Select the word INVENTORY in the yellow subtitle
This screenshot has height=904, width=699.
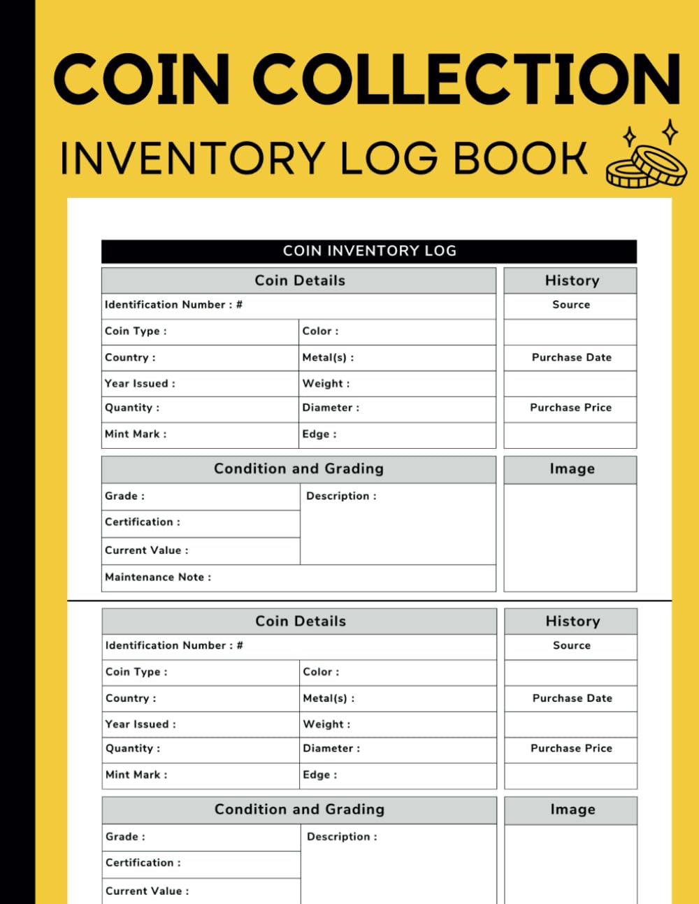(x=192, y=158)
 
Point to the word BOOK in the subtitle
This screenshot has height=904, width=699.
(x=520, y=158)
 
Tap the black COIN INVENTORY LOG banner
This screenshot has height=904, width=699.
(x=369, y=251)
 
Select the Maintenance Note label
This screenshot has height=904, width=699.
(x=157, y=577)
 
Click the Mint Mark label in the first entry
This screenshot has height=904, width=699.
(x=136, y=434)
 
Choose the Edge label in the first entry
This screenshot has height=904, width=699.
(x=319, y=434)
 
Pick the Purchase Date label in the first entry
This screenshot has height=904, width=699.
(x=571, y=357)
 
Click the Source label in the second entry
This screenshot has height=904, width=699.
(x=571, y=645)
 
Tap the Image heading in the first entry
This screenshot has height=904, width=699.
(x=572, y=469)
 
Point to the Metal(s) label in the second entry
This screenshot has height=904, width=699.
(x=328, y=698)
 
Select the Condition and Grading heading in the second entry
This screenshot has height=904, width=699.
(x=299, y=809)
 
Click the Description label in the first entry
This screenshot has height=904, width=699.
(x=341, y=496)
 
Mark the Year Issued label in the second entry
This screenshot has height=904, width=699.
(x=140, y=724)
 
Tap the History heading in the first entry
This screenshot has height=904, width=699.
(x=572, y=280)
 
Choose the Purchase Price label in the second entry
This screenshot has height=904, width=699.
(x=571, y=748)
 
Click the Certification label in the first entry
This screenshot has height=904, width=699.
(x=142, y=522)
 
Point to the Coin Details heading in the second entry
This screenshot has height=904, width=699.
(x=300, y=621)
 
